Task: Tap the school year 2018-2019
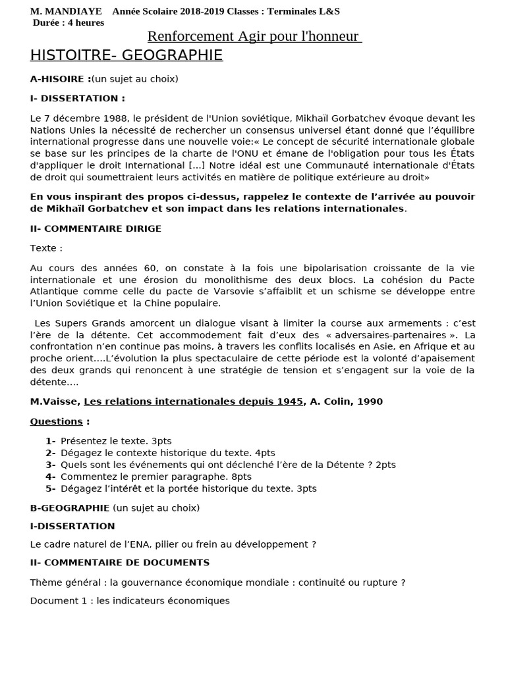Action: [x=201, y=11]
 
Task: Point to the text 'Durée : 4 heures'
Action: [x=69, y=22]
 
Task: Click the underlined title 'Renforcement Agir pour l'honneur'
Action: [x=254, y=36]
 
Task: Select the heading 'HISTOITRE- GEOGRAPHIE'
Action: [x=126, y=55]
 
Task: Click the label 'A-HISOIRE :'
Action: [x=60, y=79]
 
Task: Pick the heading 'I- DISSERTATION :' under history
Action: [x=78, y=99]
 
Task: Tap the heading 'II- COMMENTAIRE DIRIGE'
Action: [x=96, y=228]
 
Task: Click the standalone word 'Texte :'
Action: [x=46, y=248]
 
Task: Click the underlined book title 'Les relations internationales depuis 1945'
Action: [x=193, y=402]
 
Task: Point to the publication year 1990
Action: [x=370, y=402]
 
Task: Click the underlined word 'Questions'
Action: [x=57, y=421]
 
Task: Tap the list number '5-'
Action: [x=51, y=488]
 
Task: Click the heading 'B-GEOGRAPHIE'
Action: [x=70, y=508]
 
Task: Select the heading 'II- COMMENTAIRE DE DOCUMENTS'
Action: [x=120, y=563]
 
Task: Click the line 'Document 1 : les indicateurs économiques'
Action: [x=130, y=601]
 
